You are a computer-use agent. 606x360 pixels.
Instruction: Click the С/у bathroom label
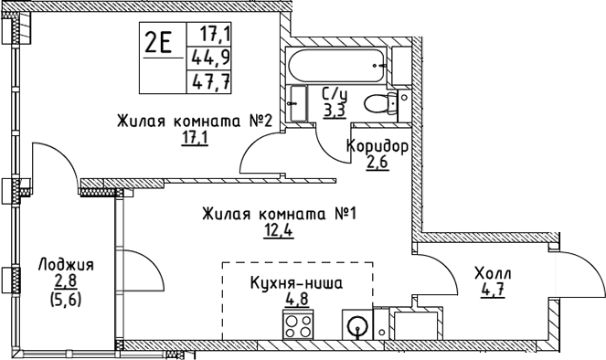click(335, 92)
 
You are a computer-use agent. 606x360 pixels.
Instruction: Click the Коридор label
click(376, 146)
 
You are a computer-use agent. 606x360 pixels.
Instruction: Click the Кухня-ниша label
click(296, 283)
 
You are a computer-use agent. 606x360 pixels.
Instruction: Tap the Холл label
click(493, 275)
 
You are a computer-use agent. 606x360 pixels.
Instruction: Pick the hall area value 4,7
click(494, 292)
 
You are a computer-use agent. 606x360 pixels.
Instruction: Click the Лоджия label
click(66, 265)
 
